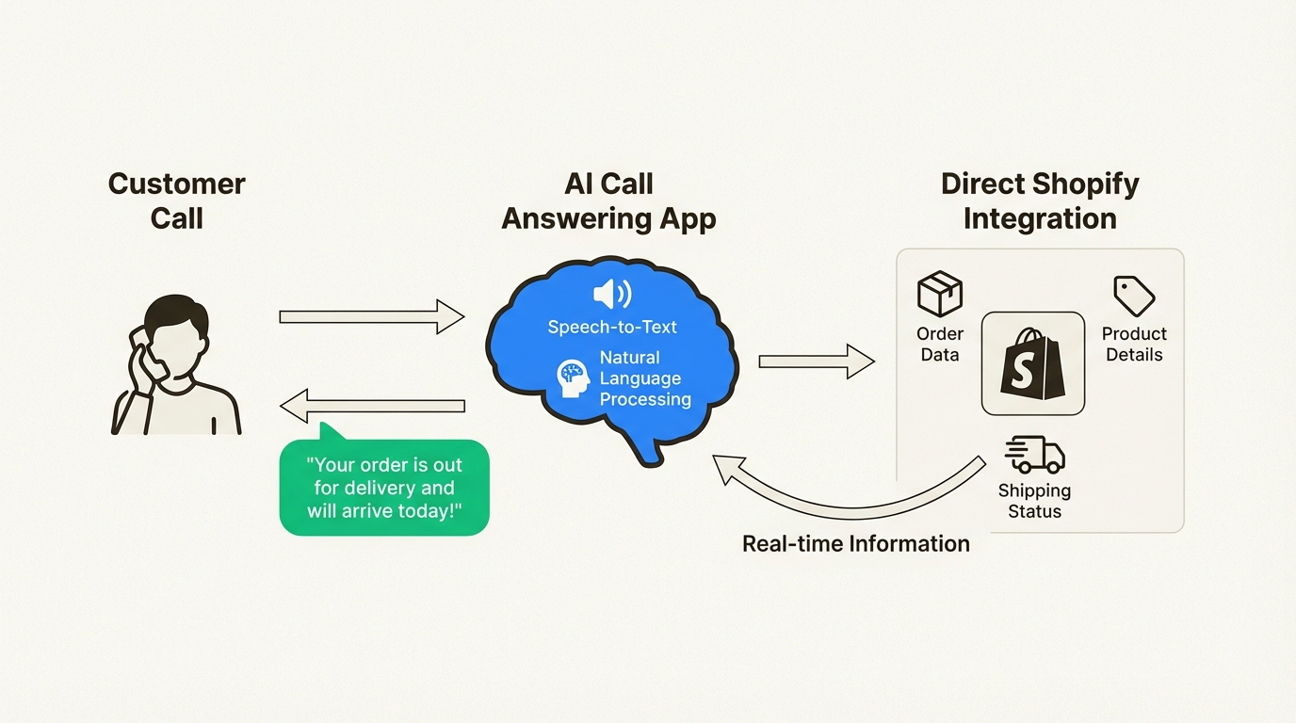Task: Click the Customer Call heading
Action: [x=176, y=201]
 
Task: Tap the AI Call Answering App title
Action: [x=608, y=201]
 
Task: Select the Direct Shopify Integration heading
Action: [x=1040, y=201]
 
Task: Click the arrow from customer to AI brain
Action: [x=372, y=316]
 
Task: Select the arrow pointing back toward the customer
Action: [x=372, y=406]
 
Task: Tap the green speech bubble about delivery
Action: [x=384, y=488]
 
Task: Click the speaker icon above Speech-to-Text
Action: [x=611, y=295]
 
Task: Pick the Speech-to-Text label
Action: [x=612, y=328]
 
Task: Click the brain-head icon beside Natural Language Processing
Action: [x=573, y=378]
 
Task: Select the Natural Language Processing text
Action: [x=645, y=378]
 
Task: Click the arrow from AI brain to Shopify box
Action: [x=816, y=361]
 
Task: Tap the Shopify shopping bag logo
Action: [x=1033, y=364]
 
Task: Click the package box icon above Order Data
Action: [x=939, y=294]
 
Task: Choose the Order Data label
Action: [x=939, y=345]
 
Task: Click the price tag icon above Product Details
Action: [x=1133, y=296]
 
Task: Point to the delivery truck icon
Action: [x=1034, y=455]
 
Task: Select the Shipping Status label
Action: [x=1034, y=501]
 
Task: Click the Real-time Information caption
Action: [x=855, y=544]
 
